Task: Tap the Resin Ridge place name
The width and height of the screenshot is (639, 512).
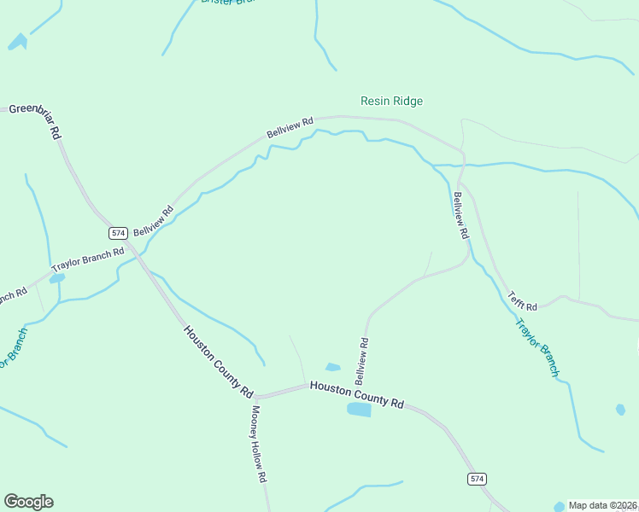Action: coord(391,101)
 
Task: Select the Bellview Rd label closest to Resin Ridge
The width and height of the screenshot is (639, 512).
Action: coord(290,127)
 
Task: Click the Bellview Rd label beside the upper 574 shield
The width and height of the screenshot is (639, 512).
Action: coord(154,221)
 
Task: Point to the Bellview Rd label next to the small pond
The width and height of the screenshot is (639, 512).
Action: coord(362,359)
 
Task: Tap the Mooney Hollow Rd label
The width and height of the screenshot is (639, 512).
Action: coord(259,443)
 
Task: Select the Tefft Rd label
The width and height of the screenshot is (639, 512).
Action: coord(522,300)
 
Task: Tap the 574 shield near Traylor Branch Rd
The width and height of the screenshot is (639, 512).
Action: coord(118,233)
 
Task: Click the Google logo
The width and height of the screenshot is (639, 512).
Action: coord(28,502)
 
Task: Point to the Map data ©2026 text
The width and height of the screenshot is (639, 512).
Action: coord(603,505)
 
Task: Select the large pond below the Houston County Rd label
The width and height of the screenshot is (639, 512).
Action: coord(359,410)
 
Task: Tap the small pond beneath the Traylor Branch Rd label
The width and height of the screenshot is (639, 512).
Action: coord(56,278)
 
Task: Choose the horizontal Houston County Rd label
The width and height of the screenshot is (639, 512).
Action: coord(356,393)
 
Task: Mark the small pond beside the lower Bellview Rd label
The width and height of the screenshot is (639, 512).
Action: coord(333,368)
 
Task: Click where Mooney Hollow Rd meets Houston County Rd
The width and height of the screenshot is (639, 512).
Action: coord(256,398)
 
